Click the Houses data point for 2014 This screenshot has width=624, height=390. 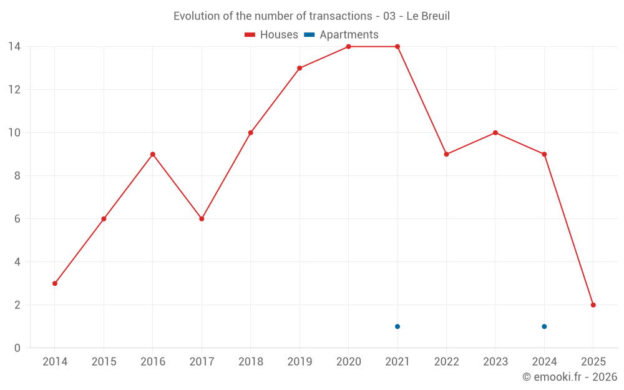coord(55,283)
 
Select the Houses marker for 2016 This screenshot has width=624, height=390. coord(153,154)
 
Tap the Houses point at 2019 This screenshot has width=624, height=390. coord(300,68)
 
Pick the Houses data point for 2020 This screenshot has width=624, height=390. coord(348,47)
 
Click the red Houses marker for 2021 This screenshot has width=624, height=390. coord(397,47)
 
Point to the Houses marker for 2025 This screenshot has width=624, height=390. coord(593,305)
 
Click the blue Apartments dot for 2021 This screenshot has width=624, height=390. coord(397,326)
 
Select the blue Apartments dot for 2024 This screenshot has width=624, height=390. coord(544,326)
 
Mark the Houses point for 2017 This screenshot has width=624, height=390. coord(202,219)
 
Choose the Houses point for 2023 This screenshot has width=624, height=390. coord(495,133)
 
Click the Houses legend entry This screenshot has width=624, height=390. coord(271,35)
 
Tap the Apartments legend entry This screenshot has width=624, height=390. coord(341,35)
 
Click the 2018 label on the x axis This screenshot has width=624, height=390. coord(250,362)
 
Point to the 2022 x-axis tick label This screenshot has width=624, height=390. coord(446,362)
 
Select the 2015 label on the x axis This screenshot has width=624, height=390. coord(104,362)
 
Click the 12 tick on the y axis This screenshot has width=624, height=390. coord(14,90)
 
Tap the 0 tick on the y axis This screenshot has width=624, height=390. coord(17,348)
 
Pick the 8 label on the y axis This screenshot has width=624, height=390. coord(17,176)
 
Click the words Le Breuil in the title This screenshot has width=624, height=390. coord(428,16)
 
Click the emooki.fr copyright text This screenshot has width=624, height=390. coord(569,377)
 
